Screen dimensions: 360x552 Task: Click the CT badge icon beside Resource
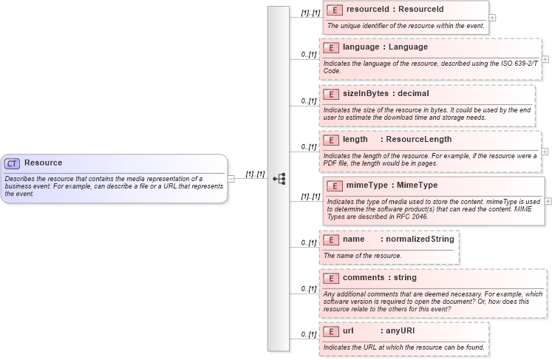coord(12,163)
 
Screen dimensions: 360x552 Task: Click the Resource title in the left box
coord(43,163)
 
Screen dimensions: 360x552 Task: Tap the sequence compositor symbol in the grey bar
coord(279,178)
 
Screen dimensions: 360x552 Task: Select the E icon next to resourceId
coord(335,10)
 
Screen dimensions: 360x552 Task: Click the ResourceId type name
coord(421,10)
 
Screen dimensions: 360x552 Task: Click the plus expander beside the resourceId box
coord(492,18)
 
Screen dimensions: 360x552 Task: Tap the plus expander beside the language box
coord(545,58)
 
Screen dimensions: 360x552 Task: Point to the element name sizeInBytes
coord(366,94)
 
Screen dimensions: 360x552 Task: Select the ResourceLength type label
coord(418,140)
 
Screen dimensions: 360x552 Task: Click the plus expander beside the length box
coord(545,151)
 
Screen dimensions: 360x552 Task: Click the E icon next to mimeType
coord(335,186)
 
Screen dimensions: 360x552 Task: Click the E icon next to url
coord(331,331)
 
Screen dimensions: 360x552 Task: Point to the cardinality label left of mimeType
coord(310,197)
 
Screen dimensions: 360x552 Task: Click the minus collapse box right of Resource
coord(231,178)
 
